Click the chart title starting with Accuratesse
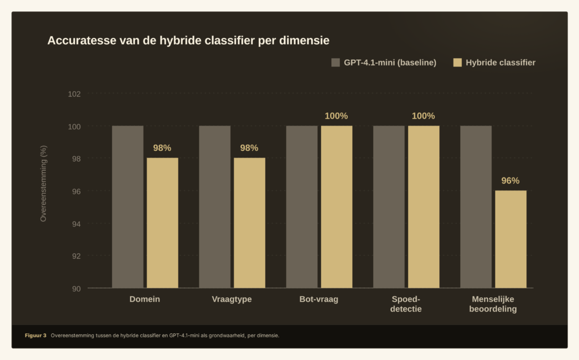click(x=188, y=41)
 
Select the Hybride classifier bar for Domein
click(x=162, y=223)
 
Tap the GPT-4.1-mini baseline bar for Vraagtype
click(x=215, y=207)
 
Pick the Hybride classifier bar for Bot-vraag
click(x=336, y=207)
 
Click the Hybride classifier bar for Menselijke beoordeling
click(x=511, y=239)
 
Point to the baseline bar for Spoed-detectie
click(x=389, y=207)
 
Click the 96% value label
click(x=511, y=181)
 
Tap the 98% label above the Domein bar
click(x=162, y=148)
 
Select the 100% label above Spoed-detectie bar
click(x=424, y=116)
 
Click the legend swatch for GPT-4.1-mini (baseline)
click(x=335, y=63)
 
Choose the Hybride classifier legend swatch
click(x=458, y=63)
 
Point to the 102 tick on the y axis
click(x=75, y=94)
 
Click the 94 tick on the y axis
click(x=76, y=224)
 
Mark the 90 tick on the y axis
click(x=76, y=289)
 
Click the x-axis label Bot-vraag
click(x=319, y=299)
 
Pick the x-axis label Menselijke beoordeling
click(x=493, y=304)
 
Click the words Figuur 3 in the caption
click(x=36, y=336)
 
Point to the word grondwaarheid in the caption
click(x=225, y=336)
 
